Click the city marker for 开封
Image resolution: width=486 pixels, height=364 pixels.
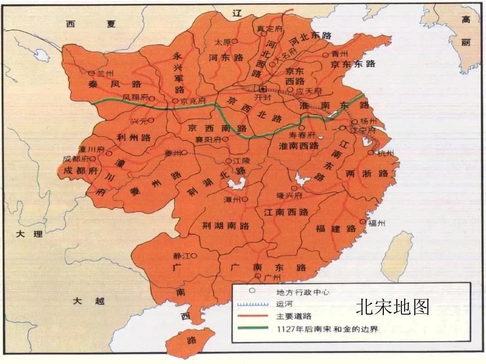(x=262, y=89)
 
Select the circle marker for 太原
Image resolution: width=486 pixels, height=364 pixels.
(x=234, y=41)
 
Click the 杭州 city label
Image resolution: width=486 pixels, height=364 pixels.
(x=386, y=153)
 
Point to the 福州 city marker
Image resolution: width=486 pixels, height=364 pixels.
(x=363, y=222)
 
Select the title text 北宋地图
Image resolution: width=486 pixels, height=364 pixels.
(x=392, y=307)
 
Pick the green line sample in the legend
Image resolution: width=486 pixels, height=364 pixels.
(x=253, y=328)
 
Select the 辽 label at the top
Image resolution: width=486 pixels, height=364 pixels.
(x=238, y=14)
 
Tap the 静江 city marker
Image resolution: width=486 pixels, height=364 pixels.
(x=193, y=255)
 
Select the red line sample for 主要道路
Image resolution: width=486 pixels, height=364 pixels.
(x=253, y=316)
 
